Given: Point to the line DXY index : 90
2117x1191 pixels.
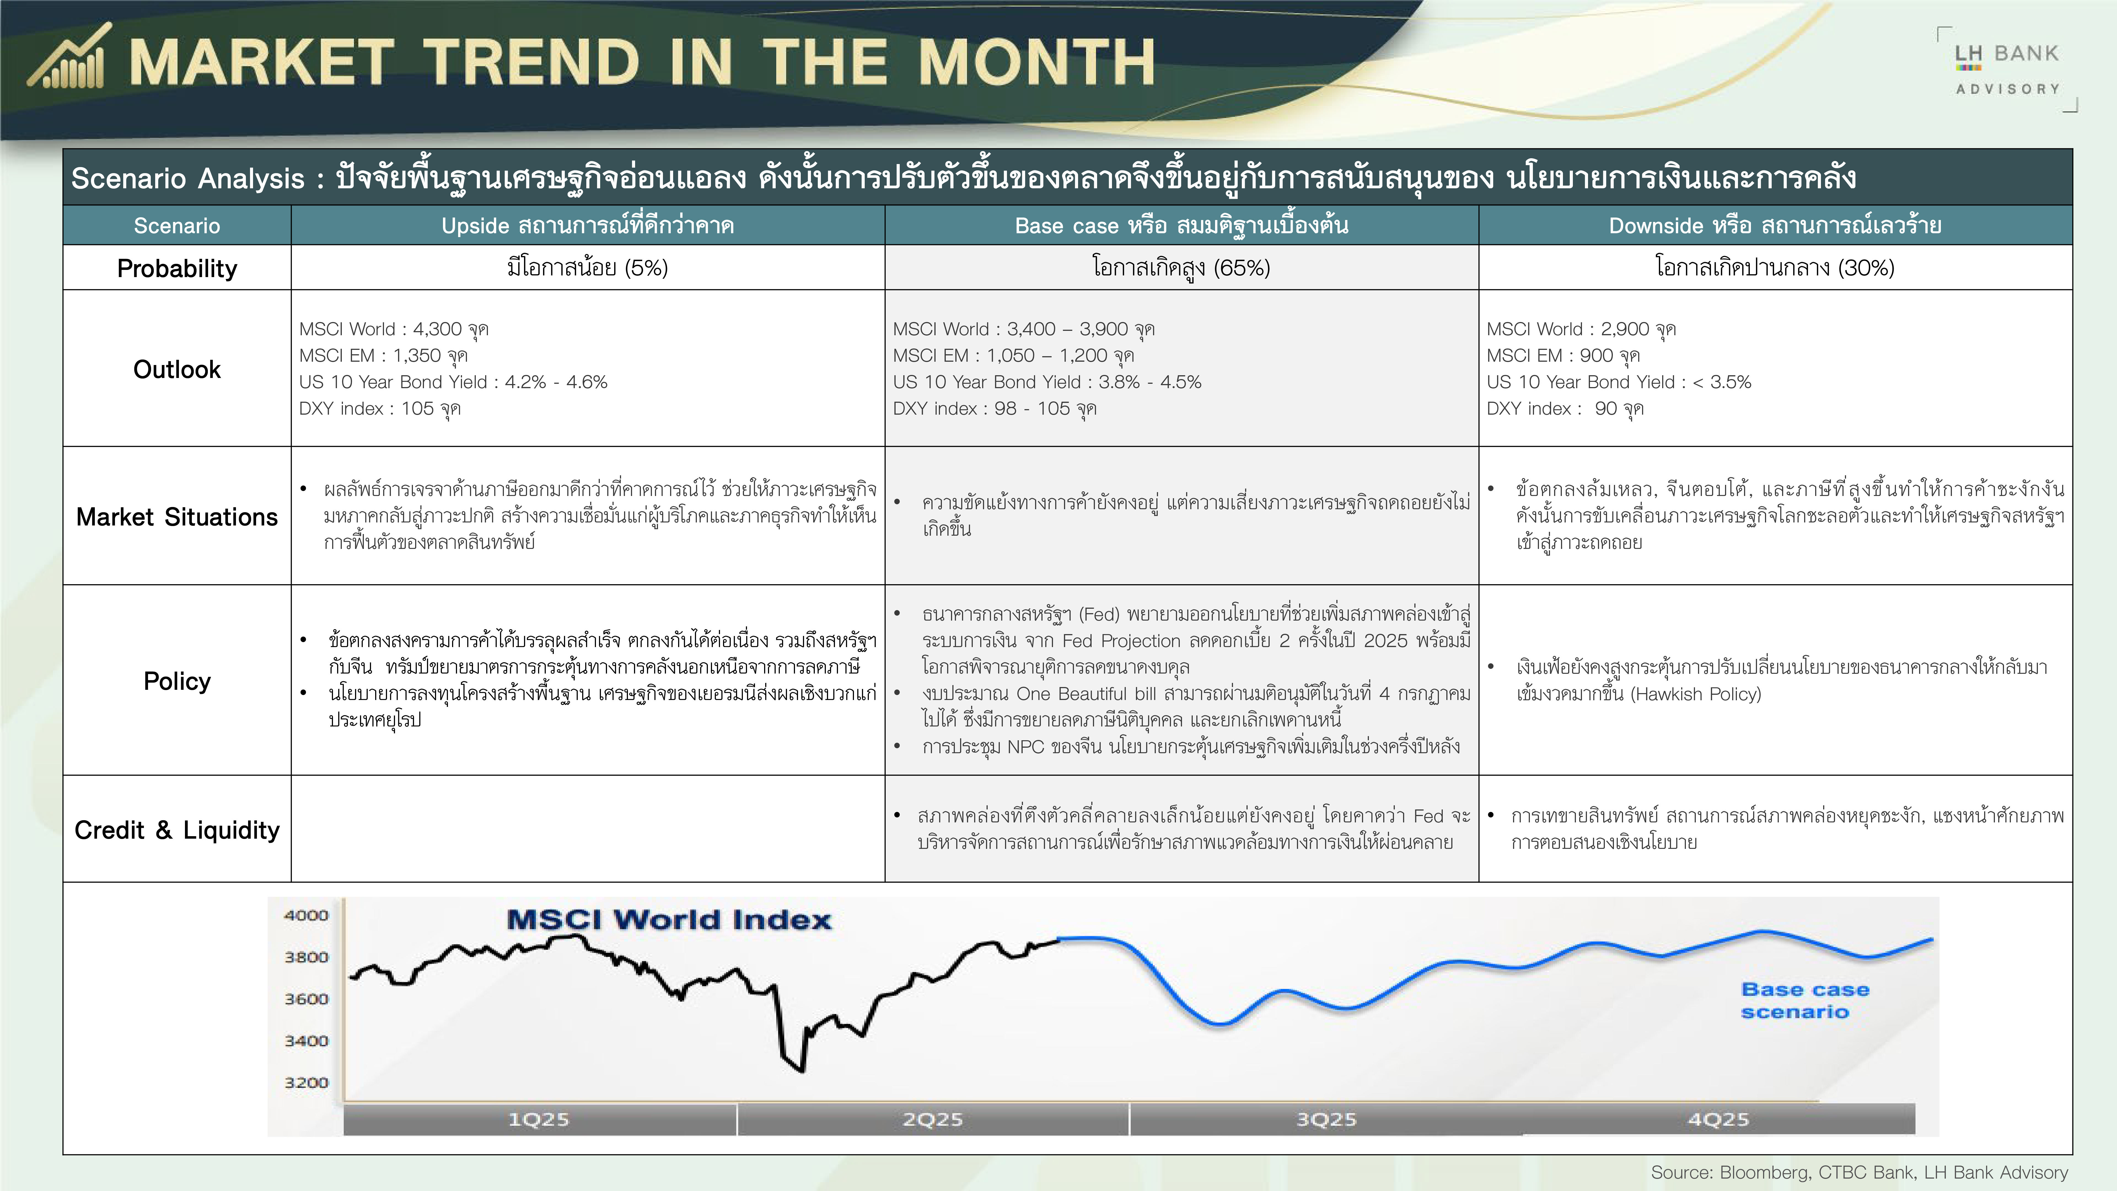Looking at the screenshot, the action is click(1565, 409).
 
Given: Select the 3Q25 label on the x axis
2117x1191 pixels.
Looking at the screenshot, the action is click(1326, 1120).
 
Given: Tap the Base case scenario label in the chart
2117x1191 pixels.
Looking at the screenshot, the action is click(1805, 1000).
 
